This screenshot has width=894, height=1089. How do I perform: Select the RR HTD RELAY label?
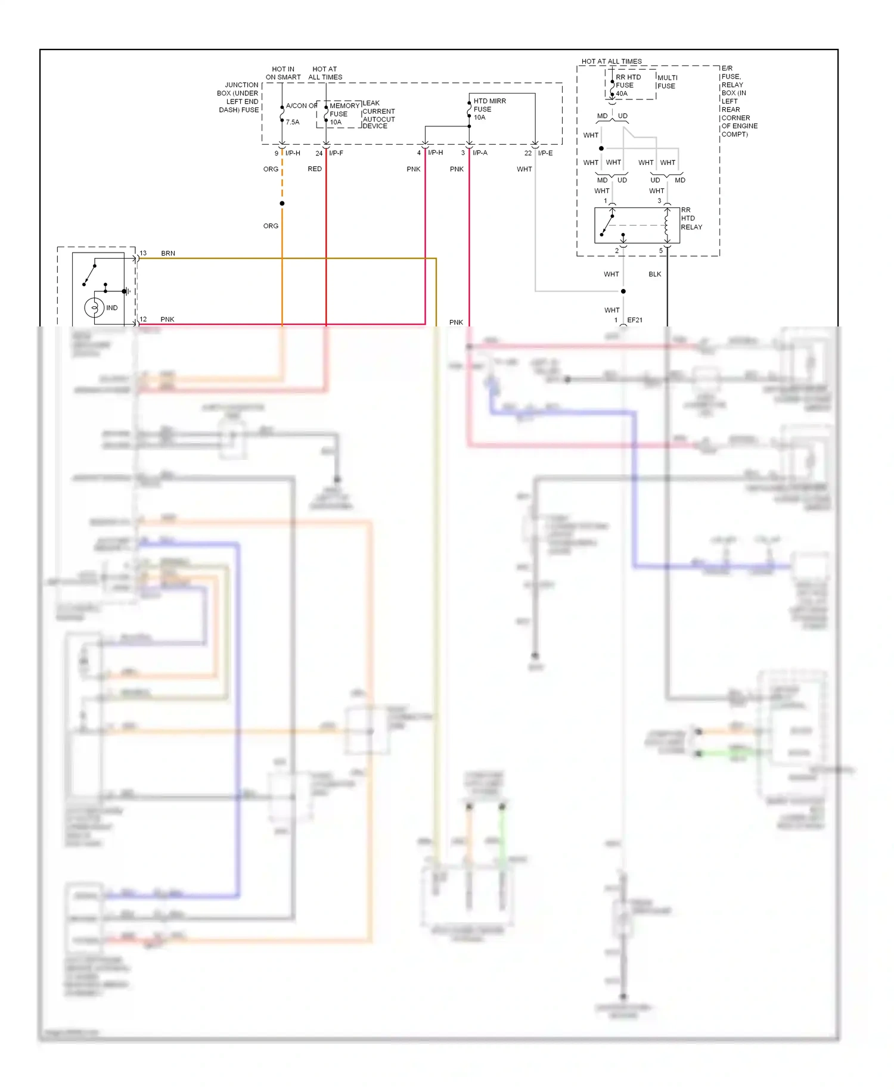(x=691, y=219)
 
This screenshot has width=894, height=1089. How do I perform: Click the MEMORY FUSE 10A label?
(x=344, y=114)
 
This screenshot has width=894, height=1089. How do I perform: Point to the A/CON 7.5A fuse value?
(x=293, y=122)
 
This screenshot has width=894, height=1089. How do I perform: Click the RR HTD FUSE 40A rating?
(x=622, y=94)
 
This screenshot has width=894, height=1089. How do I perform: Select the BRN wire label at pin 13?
(x=168, y=253)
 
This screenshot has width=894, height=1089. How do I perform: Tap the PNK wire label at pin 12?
(x=167, y=319)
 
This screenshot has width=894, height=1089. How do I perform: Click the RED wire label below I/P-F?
(x=315, y=169)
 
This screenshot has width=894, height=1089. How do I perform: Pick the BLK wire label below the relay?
(x=655, y=274)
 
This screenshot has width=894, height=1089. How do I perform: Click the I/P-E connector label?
(x=545, y=153)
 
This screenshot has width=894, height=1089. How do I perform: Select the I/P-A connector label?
(x=480, y=153)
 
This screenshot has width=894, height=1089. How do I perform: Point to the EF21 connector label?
(x=635, y=320)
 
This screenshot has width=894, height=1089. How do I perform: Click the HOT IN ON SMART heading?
(x=283, y=73)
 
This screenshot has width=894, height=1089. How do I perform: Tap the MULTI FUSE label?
(x=667, y=82)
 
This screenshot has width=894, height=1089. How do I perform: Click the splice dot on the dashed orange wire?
(x=282, y=204)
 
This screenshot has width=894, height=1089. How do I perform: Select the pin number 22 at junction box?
(x=528, y=153)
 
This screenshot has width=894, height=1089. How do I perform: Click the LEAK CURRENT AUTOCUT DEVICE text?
(x=378, y=114)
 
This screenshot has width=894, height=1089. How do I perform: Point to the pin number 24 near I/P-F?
(x=319, y=153)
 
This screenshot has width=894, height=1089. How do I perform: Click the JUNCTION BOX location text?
(x=238, y=98)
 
